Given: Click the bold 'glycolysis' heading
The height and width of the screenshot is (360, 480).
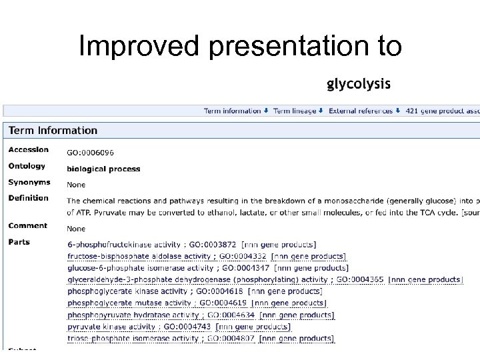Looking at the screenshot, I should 358,84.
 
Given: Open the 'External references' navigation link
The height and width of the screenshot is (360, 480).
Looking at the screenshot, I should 361,111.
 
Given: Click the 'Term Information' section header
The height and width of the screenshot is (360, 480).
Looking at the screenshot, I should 53,131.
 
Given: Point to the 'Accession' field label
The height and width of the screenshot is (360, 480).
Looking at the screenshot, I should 28,149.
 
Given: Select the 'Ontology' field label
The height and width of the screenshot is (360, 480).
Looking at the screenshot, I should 27,166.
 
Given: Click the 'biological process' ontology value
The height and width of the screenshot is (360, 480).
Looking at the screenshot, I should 103,169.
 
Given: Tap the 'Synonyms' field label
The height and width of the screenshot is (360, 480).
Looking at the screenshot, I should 29,182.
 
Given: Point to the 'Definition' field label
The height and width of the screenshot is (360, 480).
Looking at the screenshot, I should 28,197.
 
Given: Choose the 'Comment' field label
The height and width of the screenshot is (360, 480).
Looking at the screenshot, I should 27,225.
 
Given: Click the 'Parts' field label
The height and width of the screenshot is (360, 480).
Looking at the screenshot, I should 19,242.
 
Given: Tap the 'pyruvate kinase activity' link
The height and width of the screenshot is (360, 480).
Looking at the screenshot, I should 111,327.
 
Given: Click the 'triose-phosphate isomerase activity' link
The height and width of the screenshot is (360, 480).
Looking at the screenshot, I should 133,339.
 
